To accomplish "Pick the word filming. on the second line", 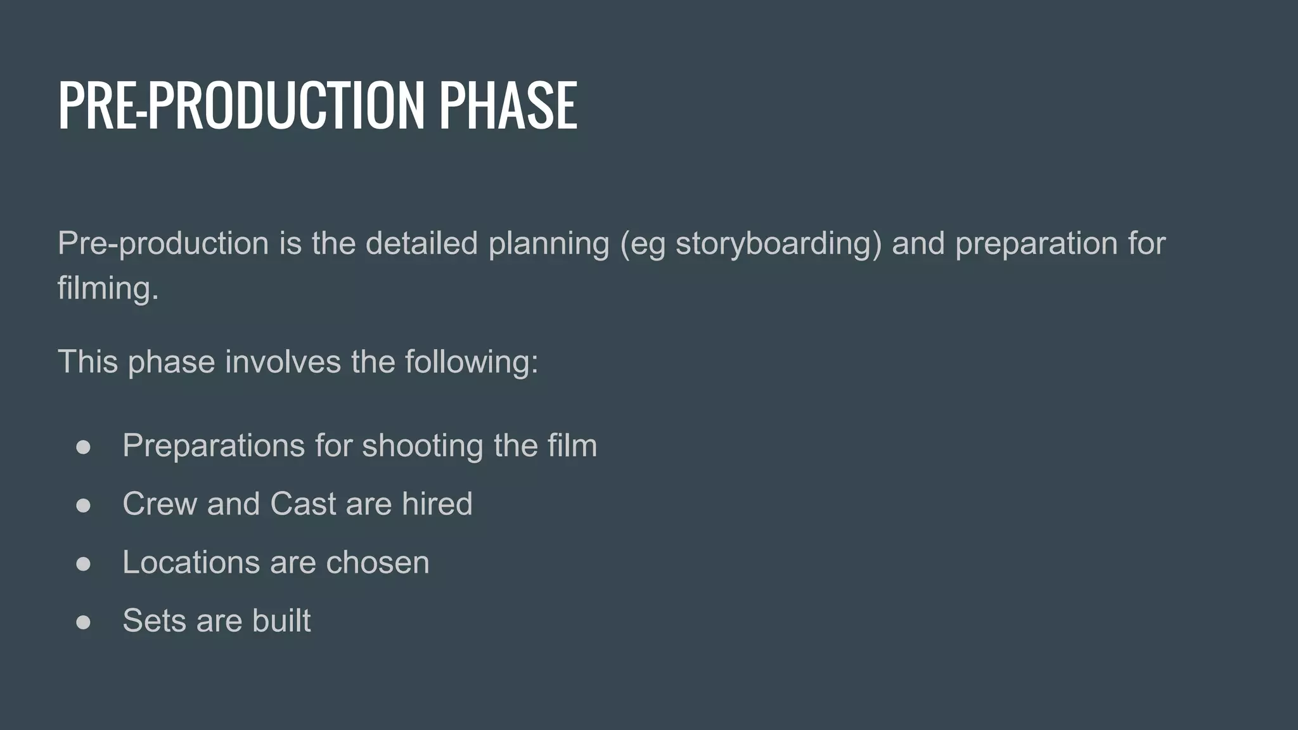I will pos(108,289).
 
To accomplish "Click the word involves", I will pos(283,362).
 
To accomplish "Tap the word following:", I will pos(472,362).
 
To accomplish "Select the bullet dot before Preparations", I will pos(83,447).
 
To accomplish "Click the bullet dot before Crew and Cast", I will pos(83,505).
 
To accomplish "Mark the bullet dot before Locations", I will pos(83,563).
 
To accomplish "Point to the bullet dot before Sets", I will pos(83,622).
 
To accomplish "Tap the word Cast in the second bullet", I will pos(303,504).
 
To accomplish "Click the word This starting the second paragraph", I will pos(87,362).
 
